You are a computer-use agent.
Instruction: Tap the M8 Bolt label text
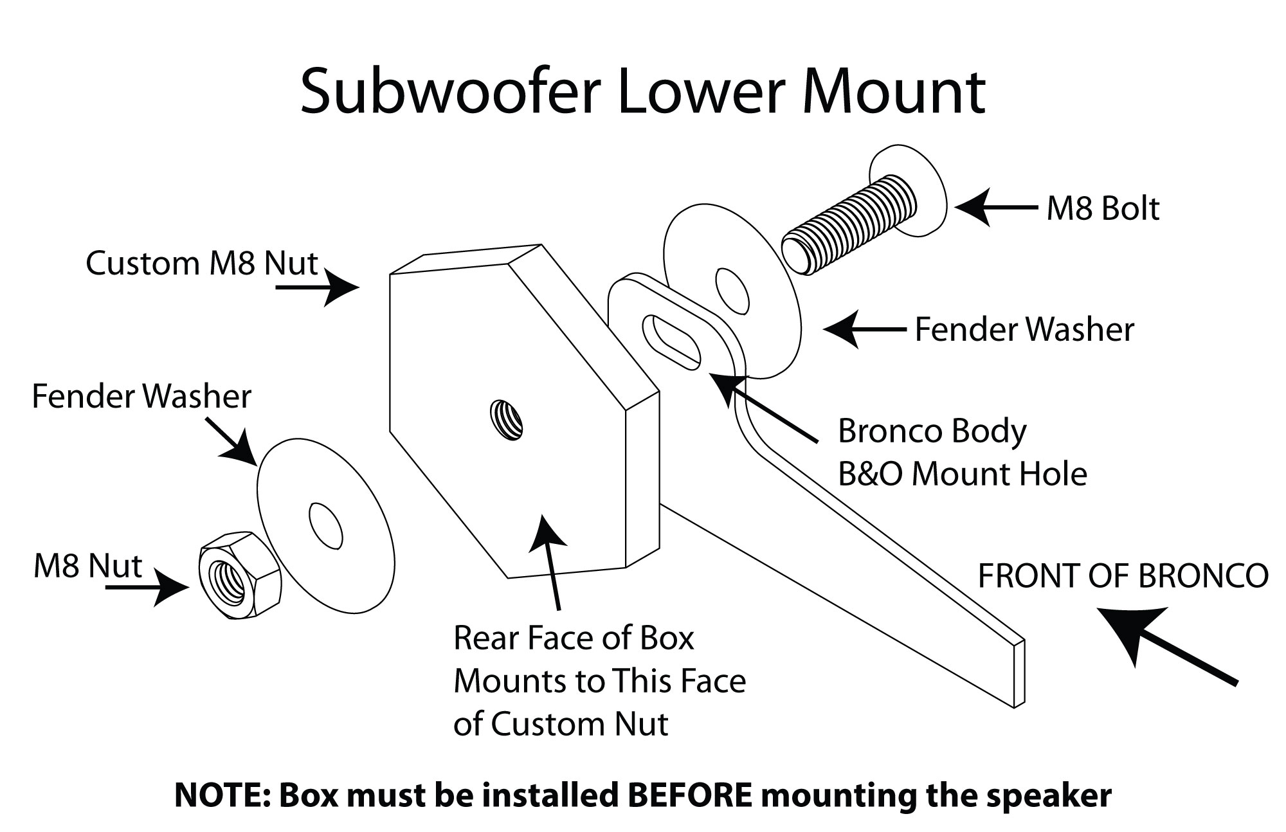pyautogui.click(x=1103, y=209)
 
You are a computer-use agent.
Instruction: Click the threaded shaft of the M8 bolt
pyautogui.click(x=849, y=225)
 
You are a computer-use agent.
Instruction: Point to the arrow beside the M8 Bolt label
pyautogui.click(x=993, y=208)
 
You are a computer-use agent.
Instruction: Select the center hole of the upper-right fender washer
pyautogui.click(x=732, y=287)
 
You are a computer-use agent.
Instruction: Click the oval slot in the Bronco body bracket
pyautogui.click(x=671, y=338)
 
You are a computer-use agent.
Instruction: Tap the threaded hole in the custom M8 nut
pyautogui.click(x=507, y=419)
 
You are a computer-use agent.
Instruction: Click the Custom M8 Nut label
pyautogui.click(x=202, y=263)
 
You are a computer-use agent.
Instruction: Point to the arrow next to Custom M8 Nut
pyautogui.click(x=318, y=287)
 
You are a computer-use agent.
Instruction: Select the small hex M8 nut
pyautogui.click(x=239, y=575)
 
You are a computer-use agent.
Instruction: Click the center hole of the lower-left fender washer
pyautogui.click(x=326, y=525)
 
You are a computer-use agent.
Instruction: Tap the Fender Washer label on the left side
pyautogui.click(x=141, y=396)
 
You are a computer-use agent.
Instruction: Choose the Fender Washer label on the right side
pyautogui.click(x=1024, y=330)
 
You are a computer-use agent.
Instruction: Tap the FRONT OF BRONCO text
pyautogui.click(x=1123, y=576)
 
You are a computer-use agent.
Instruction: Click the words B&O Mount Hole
pyautogui.click(x=962, y=475)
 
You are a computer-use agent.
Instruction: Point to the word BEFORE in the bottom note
pyautogui.click(x=689, y=795)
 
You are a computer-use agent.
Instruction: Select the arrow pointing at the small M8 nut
pyautogui.click(x=148, y=587)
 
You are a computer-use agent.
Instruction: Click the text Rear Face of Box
pyautogui.click(x=574, y=638)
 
